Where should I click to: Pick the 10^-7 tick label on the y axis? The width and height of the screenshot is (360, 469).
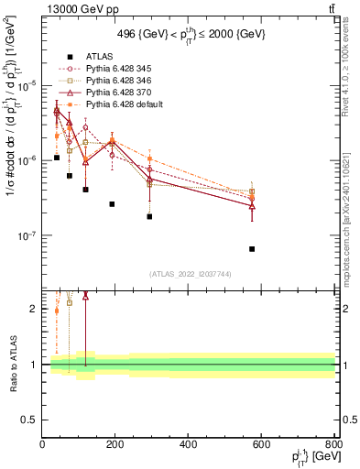[27, 235]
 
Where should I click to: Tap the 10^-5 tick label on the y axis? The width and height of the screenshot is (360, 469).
[27, 85]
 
